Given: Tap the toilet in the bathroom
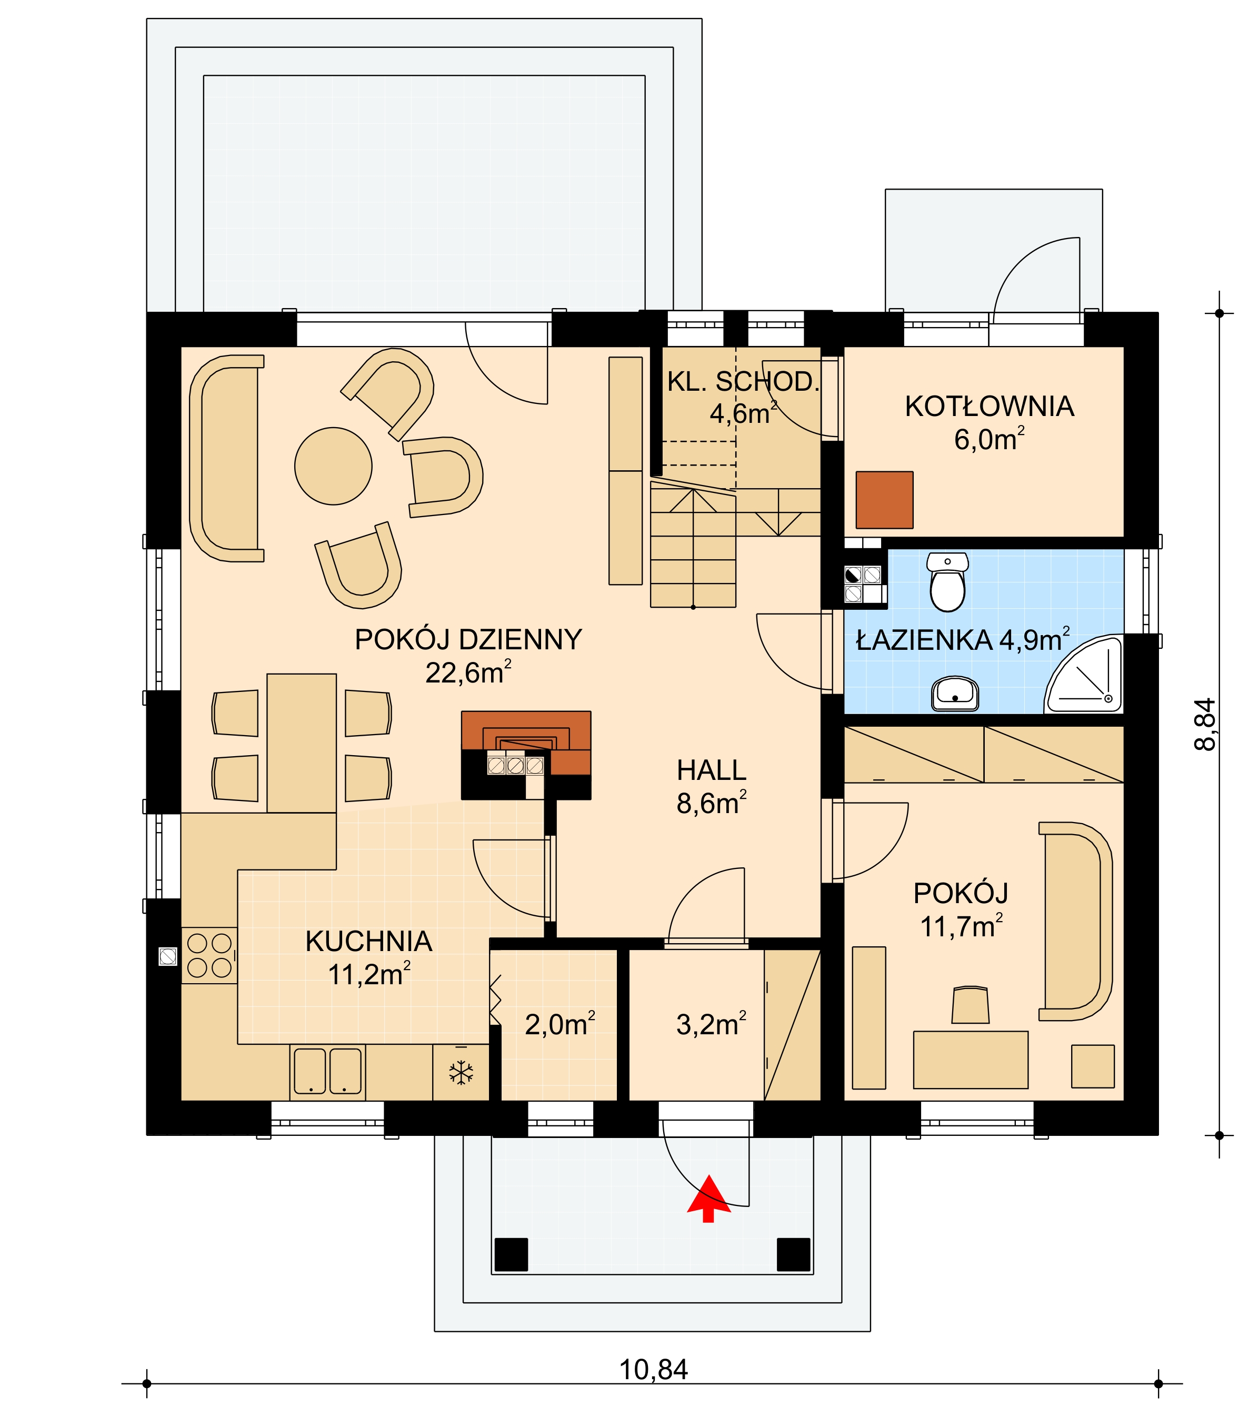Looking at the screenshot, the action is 947,581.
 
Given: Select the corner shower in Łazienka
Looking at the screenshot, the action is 1083,675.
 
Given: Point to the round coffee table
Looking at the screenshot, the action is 333,466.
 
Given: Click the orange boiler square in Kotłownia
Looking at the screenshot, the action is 884,500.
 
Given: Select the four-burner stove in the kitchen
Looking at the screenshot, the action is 209,955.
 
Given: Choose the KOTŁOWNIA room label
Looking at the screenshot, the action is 990,406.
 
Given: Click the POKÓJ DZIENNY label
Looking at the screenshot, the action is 468,640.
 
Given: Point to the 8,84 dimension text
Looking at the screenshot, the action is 1205,725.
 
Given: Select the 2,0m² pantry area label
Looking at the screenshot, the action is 560,1024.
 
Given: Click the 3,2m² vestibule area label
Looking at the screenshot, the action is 711,1024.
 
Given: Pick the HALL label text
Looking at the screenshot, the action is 711,770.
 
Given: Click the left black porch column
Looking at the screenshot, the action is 511,1254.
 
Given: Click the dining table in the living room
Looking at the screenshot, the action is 302,743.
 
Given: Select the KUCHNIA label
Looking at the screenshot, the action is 369,942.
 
